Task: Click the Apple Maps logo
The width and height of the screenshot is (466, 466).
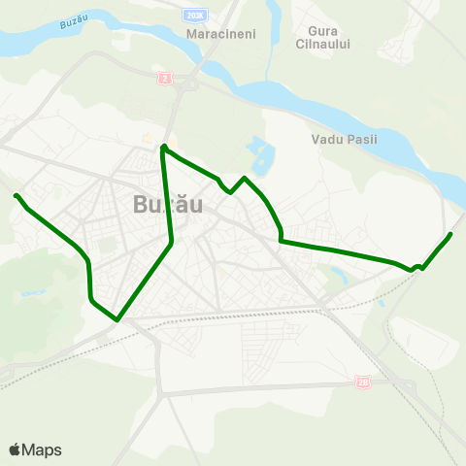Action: (x=35, y=449)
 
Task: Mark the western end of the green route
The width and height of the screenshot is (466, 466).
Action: (x=16, y=196)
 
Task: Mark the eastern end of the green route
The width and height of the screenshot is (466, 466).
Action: (x=451, y=234)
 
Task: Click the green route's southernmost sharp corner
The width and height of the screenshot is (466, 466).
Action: (x=116, y=318)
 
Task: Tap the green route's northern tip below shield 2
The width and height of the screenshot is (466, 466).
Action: (x=163, y=147)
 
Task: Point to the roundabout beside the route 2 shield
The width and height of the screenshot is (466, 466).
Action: (x=181, y=81)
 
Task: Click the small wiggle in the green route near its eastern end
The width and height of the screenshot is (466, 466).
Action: (x=416, y=267)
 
